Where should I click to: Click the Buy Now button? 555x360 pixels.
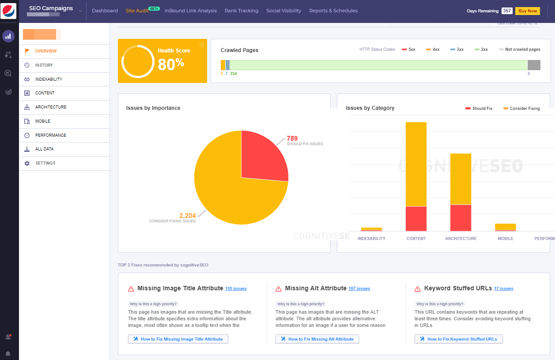click(527, 11)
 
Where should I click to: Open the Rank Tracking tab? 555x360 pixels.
click(242, 11)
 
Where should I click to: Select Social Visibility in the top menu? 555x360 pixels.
click(283, 11)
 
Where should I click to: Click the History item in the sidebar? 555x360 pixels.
click(44, 65)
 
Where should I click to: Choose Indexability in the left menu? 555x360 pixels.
click(49, 79)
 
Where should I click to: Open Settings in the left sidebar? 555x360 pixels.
click(45, 163)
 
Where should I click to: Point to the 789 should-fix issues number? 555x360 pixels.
click(292, 139)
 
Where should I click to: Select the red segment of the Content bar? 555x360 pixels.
click(416, 218)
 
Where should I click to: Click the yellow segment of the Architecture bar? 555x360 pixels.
click(461, 179)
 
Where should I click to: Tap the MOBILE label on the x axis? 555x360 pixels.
click(505, 239)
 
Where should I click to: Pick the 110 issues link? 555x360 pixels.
click(236, 289)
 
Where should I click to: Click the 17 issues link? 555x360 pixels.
click(503, 289)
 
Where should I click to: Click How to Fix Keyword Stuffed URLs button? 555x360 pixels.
click(458, 339)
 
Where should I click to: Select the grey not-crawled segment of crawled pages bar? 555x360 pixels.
click(534, 65)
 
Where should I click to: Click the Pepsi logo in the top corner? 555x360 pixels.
click(9, 11)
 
